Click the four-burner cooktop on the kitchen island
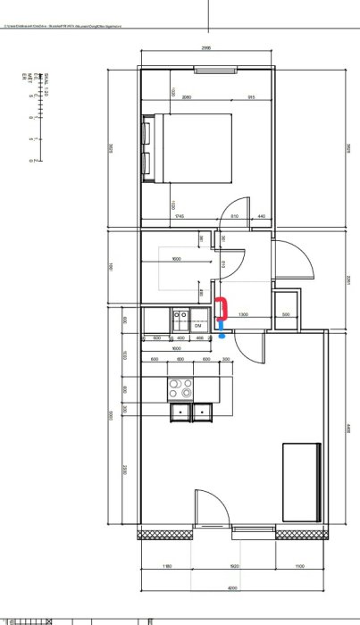pyautogui.click(x=181, y=388)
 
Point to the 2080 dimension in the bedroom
pyautogui.click(x=187, y=96)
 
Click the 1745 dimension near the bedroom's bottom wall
pyautogui.click(x=180, y=217)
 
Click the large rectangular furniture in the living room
pyautogui.click(x=301, y=482)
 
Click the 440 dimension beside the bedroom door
pyautogui.click(x=262, y=217)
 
